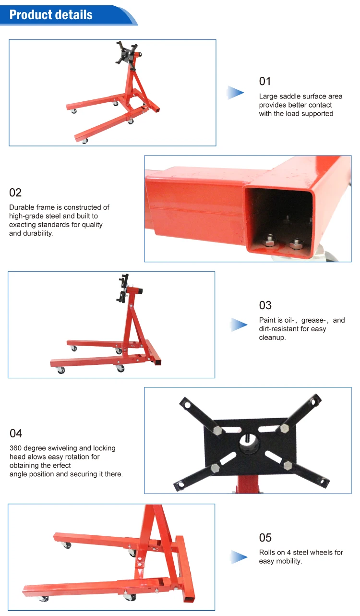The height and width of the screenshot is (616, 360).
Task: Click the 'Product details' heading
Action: (51, 14)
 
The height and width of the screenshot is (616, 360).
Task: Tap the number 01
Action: (265, 81)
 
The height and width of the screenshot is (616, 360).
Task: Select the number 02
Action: (15, 193)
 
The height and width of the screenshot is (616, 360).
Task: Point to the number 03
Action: (265, 305)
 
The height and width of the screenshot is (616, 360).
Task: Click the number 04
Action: (16, 434)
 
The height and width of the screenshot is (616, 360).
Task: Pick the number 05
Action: (265, 537)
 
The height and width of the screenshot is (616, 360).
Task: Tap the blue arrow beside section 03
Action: (239, 325)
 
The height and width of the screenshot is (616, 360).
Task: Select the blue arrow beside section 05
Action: (239, 557)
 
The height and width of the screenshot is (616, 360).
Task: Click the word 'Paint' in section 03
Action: (267, 320)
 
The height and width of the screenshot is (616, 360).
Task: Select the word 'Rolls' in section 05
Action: (267, 552)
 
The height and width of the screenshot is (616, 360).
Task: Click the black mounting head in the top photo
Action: (126, 54)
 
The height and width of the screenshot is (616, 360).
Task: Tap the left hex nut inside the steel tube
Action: (270, 238)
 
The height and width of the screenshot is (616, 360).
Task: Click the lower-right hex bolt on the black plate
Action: (287, 464)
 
